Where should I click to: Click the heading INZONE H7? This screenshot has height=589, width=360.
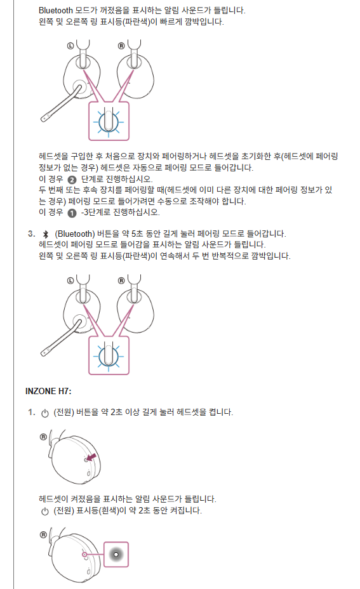[x=48, y=391]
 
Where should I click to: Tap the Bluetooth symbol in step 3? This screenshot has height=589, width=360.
[x=46, y=234]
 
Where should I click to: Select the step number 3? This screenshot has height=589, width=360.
[x=32, y=234]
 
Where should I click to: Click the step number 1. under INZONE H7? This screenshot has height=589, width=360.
[x=32, y=412]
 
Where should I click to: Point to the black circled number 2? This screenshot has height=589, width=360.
[x=72, y=180]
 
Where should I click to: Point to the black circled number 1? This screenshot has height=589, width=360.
[x=72, y=213]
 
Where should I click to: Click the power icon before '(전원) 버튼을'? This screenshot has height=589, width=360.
[x=45, y=413]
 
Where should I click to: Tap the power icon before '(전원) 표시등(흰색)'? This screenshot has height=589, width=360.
[x=45, y=511]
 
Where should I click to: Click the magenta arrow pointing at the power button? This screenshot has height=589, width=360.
[x=91, y=457]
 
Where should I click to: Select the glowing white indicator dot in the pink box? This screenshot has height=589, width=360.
[x=116, y=554]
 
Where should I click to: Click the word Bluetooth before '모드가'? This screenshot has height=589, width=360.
[x=56, y=11]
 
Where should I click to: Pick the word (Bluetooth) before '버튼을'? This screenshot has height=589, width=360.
[x=75, y=234]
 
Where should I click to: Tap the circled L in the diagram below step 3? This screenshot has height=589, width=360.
[x=70, y=281]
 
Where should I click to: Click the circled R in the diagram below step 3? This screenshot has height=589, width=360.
[x=121, y=281]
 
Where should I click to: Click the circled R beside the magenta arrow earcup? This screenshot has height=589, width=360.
[x=44, y=437]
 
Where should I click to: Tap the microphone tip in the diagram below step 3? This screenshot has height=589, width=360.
[x=44, y=353]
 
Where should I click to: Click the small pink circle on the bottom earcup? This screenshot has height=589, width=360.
[x=84, y=555]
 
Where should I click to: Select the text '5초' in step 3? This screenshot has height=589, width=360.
[x=137, y=234]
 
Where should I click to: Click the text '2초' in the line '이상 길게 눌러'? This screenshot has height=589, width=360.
[x=116, y=412]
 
